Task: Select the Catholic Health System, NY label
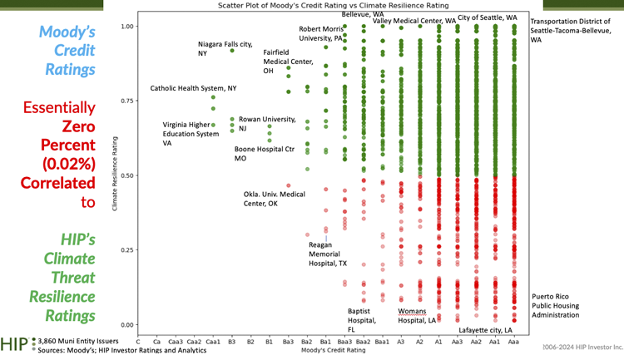tap(193, 88)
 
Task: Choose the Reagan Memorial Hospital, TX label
tap(327, 254)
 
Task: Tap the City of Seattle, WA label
tap(488, 17)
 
